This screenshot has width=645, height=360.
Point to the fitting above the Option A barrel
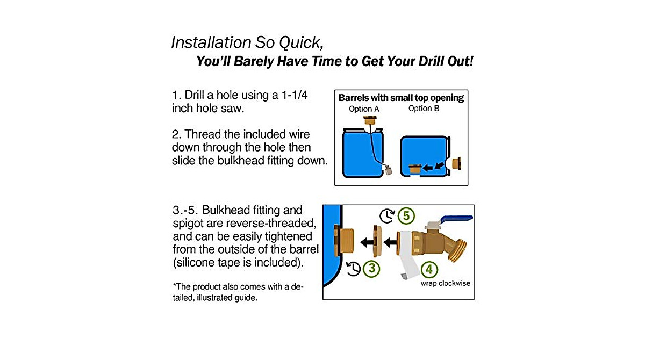368,121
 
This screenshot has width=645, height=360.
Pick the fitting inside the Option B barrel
415,170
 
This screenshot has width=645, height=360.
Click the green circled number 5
407,216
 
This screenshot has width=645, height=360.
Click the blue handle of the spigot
457,218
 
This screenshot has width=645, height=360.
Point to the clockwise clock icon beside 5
387,216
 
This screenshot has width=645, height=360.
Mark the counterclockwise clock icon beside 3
353,267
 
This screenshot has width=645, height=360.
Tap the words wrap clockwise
445,283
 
